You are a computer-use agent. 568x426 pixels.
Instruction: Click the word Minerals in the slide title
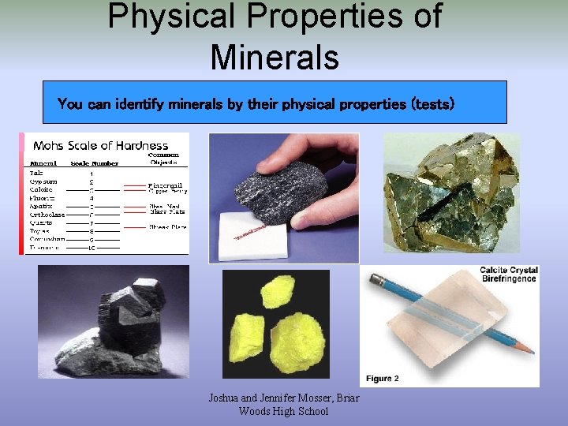pos(275,57)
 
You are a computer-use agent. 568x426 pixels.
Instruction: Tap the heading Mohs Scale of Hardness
pos(101,145)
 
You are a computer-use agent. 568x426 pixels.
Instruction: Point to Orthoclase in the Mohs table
pos(47,215)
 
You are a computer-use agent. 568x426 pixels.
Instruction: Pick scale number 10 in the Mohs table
pos(92,248)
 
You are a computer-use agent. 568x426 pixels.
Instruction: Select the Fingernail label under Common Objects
pos(166,185)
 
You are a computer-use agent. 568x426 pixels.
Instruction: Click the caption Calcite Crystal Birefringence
pos(509,275)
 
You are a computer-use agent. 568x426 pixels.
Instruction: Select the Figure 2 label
pos(383,379)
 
